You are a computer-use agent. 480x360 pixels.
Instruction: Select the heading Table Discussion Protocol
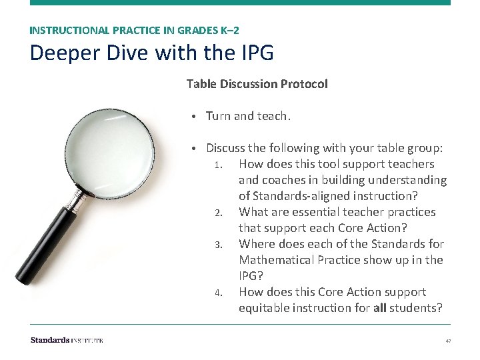click(x=257, y=84)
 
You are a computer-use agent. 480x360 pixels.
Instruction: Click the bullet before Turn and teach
click(x=192, y=117)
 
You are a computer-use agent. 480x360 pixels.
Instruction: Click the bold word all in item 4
click(x=379, y=308)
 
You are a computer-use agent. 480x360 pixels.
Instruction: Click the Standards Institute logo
click(x=67, y=340)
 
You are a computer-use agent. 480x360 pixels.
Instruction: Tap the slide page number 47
click(x=448, y=341)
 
